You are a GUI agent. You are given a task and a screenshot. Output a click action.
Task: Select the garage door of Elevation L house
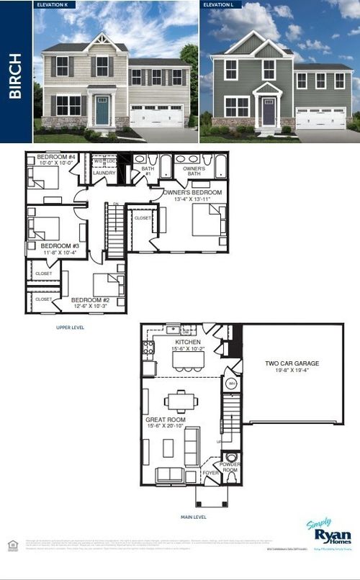pyautogui.click(x=322, y=119)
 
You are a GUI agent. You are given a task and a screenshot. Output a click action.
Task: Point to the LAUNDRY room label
pyautogui.click(x=104, y=173)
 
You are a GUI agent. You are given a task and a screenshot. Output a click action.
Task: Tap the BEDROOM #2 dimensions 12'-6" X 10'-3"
pyautogui.click(x=89, y=307)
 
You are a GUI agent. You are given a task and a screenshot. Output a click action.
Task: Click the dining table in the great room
pyautogui.click(x=176, y=401)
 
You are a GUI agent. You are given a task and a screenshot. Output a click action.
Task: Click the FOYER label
pyautogui.click(x=210, y=473)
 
